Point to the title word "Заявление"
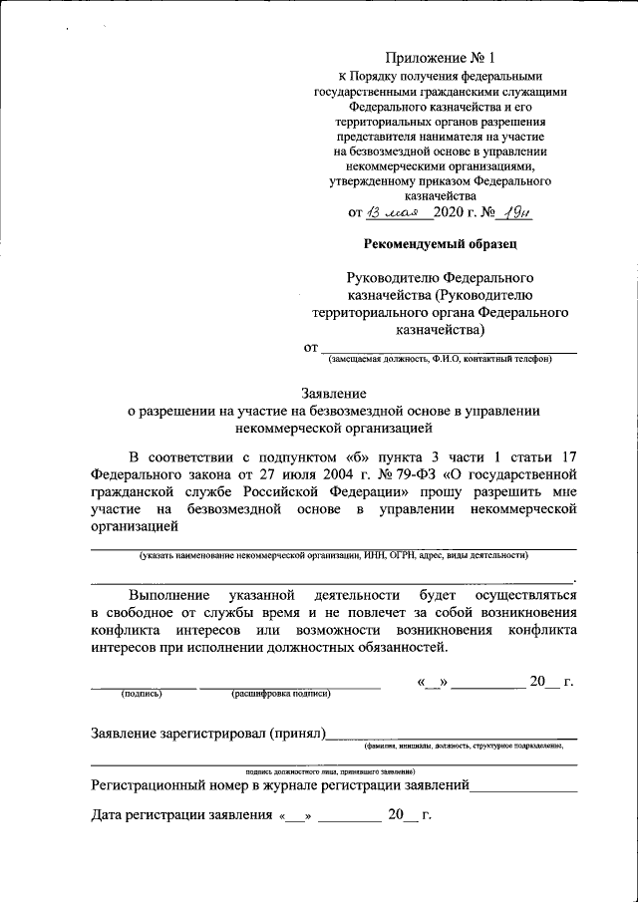334,393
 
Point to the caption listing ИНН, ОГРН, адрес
334,554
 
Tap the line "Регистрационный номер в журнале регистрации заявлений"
280,785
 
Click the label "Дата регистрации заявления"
181,815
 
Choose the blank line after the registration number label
524,787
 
